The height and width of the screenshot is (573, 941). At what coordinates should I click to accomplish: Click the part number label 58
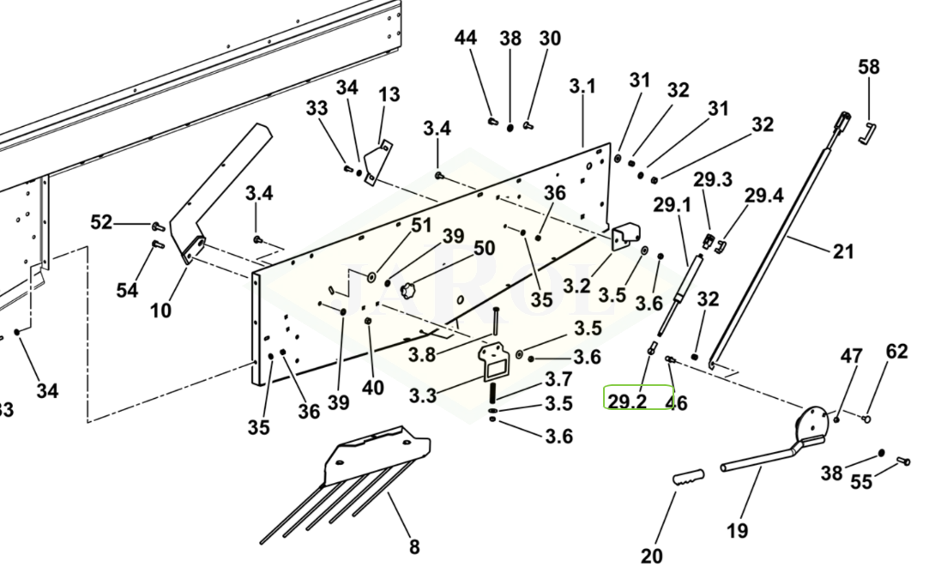[869, 66]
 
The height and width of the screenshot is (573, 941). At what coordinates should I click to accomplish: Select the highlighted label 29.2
[627, 401]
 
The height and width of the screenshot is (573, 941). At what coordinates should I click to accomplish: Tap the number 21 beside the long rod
[844, 251]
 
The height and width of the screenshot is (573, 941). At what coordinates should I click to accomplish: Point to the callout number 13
[389, 94]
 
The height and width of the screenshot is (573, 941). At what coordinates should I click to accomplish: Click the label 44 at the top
[466, 38]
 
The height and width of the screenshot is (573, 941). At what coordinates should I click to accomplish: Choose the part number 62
[896, 351]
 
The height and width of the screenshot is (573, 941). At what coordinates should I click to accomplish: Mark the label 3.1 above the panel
[582, 87]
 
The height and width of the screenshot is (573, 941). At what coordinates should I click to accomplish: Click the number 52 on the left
[101, 223]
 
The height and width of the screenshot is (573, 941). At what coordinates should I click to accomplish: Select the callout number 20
[652, 556]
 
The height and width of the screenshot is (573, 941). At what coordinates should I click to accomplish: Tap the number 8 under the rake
[414, 546]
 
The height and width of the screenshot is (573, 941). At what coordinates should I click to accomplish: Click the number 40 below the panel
[372, 388]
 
